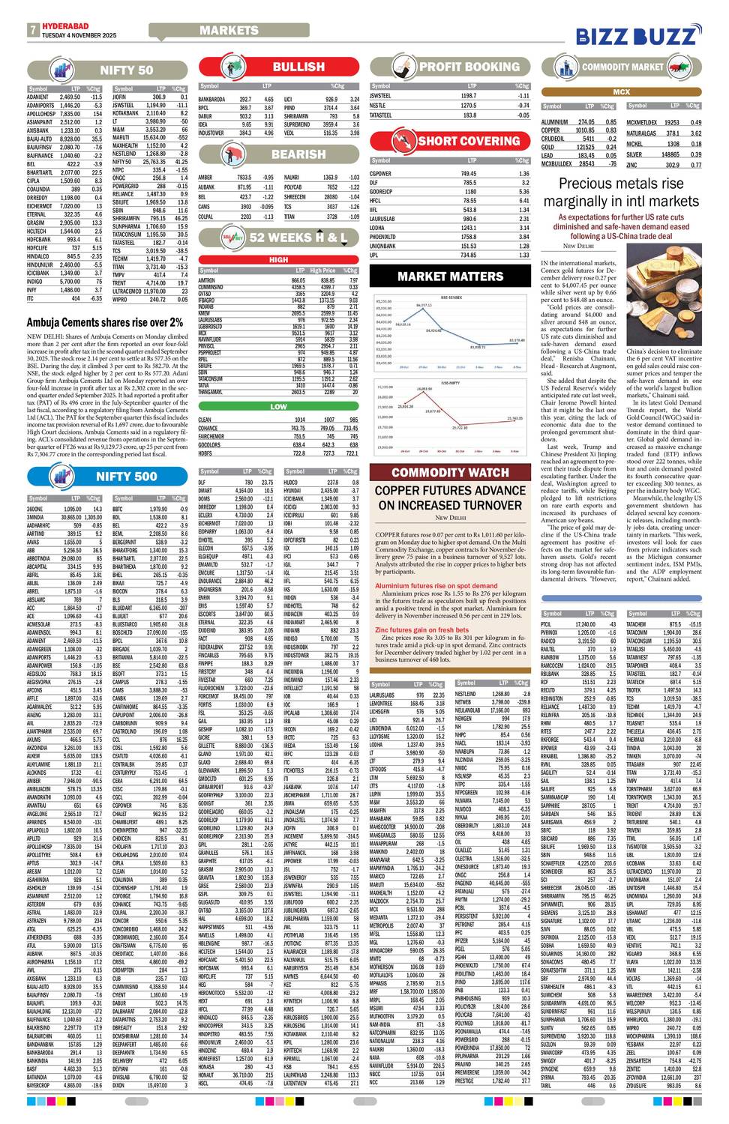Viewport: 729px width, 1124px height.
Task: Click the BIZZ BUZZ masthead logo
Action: coord(637,35)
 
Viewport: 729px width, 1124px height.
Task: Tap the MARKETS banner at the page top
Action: coord(229,30)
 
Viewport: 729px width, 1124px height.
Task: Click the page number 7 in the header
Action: coord(33,31)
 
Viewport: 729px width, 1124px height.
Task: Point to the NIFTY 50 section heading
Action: coord(125,70)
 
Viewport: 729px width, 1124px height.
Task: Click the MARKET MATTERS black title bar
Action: coord(450,277)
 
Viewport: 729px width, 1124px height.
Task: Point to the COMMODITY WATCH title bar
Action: coord(450,472)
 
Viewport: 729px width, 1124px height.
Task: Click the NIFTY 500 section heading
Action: coord(125,476)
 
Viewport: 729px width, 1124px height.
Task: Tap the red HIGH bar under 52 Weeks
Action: coord(278,260)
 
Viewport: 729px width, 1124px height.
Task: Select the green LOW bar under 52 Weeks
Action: coord(278,407)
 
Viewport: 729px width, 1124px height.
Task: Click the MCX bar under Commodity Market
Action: coord(622,91)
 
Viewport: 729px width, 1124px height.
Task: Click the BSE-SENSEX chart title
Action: coord(450,297)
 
